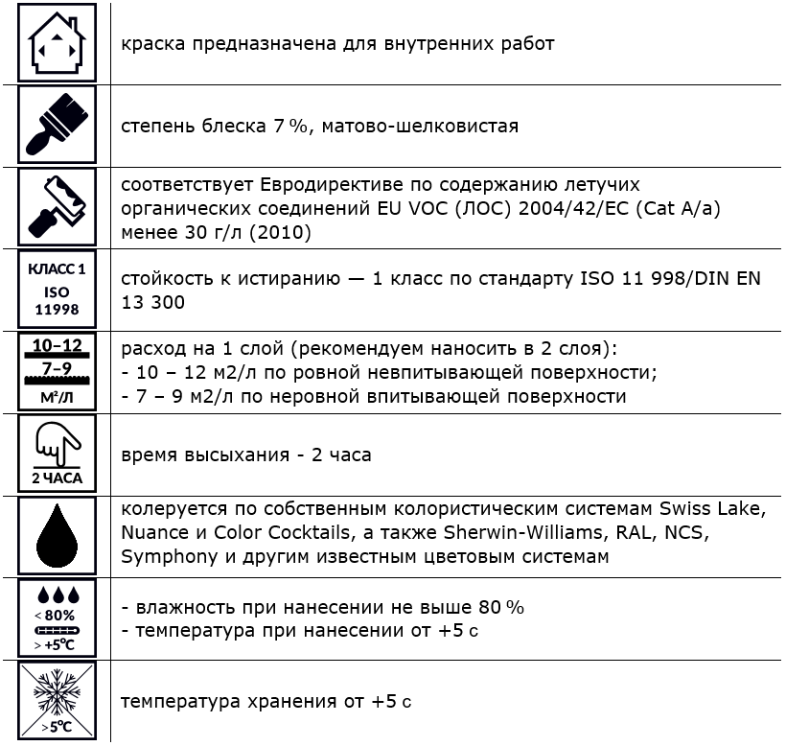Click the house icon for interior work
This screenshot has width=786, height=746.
(x=57, y=43)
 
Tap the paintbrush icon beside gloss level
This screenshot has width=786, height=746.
(x=57, y=125)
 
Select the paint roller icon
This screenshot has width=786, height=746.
(x=57, y=206)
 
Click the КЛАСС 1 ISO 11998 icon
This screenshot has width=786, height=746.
(x=57, y=289)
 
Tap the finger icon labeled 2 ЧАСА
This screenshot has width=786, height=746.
(x=57, y=453)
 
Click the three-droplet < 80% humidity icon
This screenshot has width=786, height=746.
(x=57, y=618)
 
